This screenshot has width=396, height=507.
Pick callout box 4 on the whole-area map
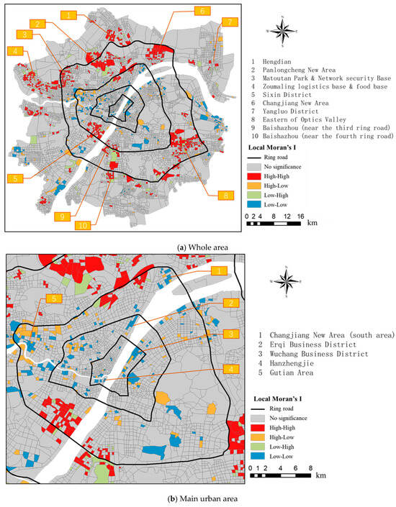click(x=15, y=51)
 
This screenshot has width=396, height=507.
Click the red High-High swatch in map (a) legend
click(x=257, y=186)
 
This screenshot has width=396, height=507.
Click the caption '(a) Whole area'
click(x=197, y=247)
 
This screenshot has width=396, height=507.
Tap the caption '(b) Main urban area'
click(x=198, y=497)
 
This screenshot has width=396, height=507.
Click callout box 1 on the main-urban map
click(x=216, y=270)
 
